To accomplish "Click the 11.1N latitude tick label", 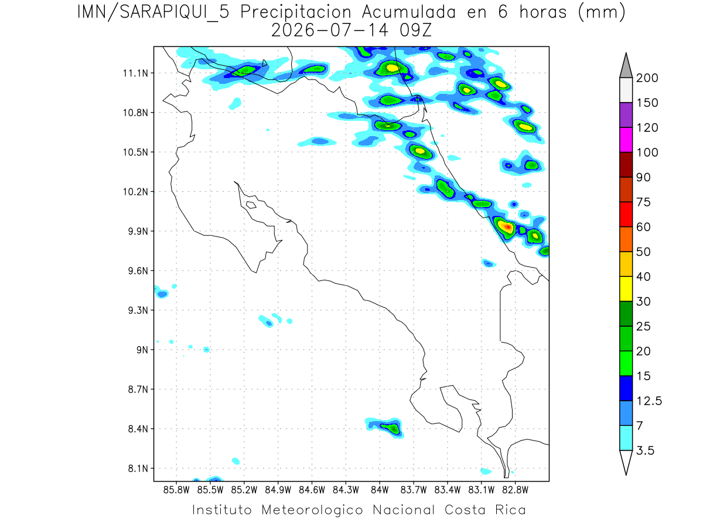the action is click(x=135, y=73).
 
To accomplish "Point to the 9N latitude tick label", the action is click(x=142, y=350).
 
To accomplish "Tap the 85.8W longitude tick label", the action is click(x=176, y=490).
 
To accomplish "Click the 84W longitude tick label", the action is click(x=380, y=490).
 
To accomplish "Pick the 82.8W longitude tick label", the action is click(x=515, y=490).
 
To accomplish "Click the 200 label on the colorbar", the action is click(x=647, y=78).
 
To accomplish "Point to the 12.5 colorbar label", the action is click(x=649, y=401).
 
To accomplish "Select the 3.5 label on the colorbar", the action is click(x=645, y=451).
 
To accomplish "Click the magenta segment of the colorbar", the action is click(x=626, y=140).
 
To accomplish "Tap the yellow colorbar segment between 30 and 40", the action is click(x=626, y=289).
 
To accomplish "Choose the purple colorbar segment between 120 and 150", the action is click(x=626, y=115).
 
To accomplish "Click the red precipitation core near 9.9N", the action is click(x=508, y=227).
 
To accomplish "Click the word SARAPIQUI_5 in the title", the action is click(x=174, y=13).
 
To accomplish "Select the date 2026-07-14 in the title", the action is click(x=330, y=31).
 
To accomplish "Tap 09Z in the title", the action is click(x=415, y=31).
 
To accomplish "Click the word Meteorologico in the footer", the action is click(x=312, y=510).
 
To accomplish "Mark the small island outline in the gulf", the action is click(x=251, y=205).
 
